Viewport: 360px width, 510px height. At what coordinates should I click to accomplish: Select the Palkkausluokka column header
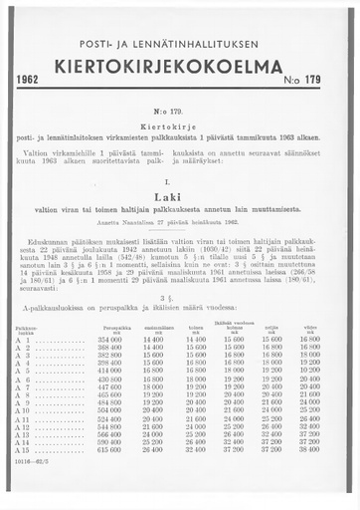[x=29, y=328]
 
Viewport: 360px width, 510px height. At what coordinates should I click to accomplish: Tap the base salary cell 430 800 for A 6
[x=108, y=379]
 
